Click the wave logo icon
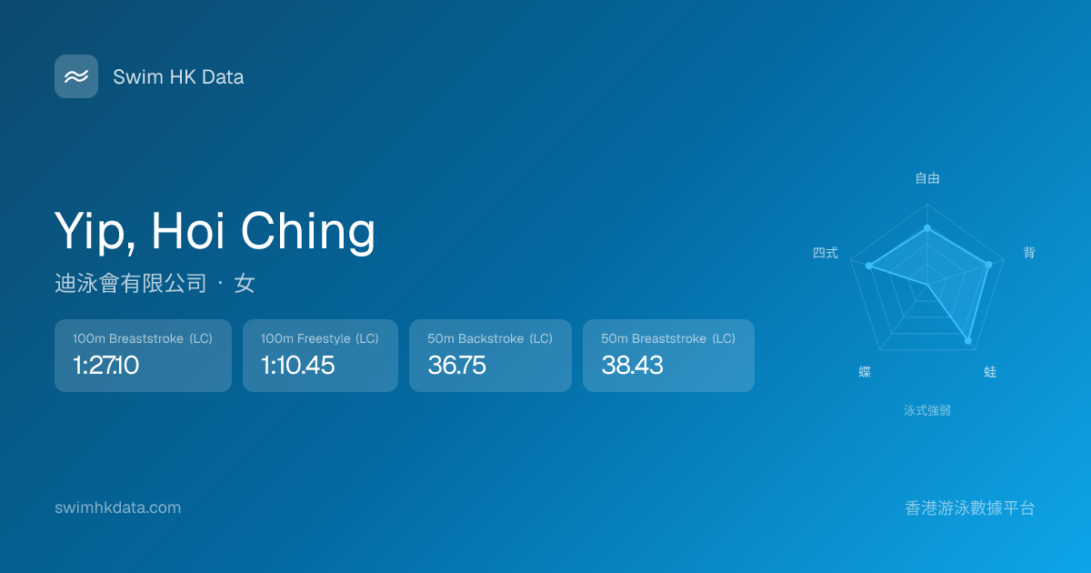coord(76,76)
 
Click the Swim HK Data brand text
coord(178,77)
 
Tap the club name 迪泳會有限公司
coord(131,283)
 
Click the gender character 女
coord(245,283)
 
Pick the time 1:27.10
coord(105,365)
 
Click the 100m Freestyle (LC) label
coord(319,338)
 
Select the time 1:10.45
coord(297,365)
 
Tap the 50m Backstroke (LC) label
coord(490,338)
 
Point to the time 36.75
coord(456,365)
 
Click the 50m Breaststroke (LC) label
coord(668,338)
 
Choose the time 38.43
coord(632,365)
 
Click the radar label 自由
coord(927,178)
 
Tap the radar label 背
coord(1028,253)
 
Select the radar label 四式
coord(826,253)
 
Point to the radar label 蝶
coord(865,372)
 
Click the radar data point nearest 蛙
coord(968,341)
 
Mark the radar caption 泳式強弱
coord(927,411)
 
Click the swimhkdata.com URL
coord(118,508)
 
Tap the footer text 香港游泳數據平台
coord(970,508)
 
